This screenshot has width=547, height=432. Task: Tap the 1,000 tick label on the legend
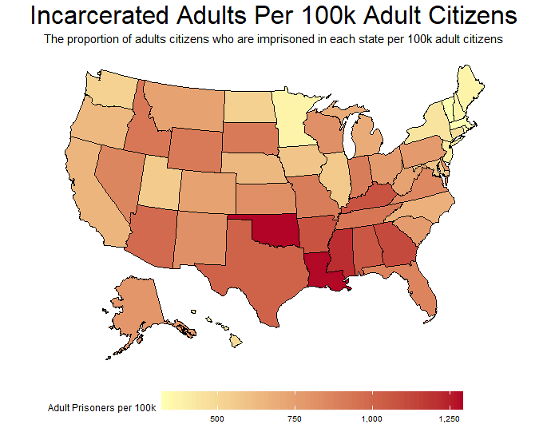(x=371, y=419)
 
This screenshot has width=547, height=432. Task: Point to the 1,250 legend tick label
(x=449, y=419)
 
